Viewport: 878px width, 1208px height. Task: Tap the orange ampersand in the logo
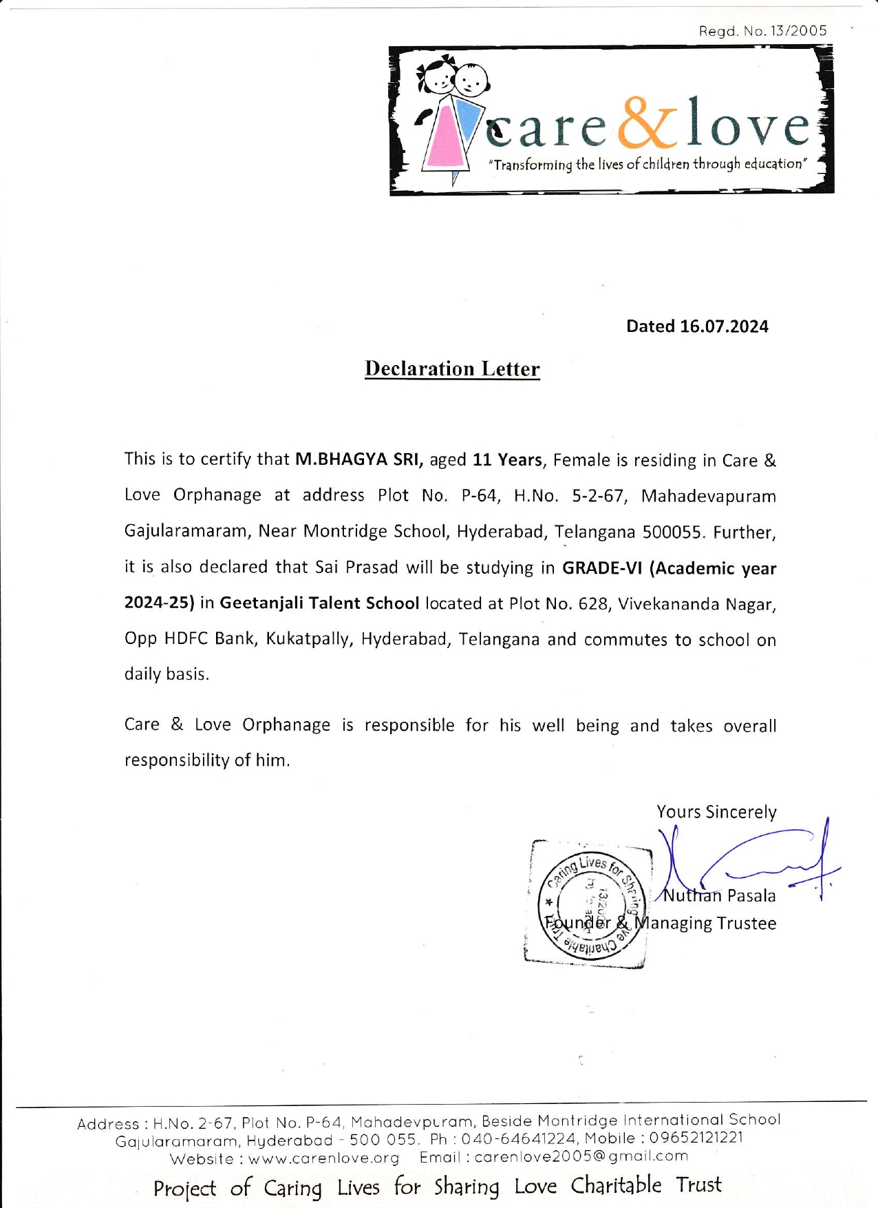647,123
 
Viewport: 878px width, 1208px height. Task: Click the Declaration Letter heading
452,369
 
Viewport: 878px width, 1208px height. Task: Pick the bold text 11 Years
507,459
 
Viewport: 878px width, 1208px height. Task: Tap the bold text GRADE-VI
603,568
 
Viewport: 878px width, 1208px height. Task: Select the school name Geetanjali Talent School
319,603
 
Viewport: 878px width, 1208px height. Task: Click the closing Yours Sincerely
716,812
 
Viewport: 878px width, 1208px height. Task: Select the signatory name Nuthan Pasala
719,896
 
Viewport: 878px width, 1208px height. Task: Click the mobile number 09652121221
696,1138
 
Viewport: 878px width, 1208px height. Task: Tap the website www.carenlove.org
323,1158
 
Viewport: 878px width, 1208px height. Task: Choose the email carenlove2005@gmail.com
581,1156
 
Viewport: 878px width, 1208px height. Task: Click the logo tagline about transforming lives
647,165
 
